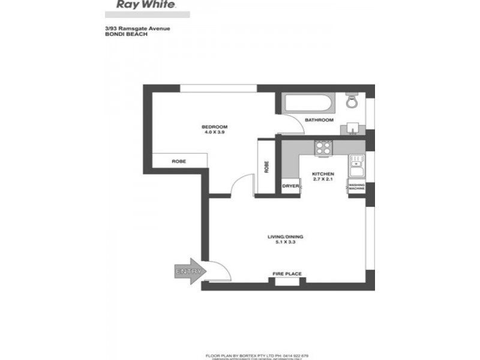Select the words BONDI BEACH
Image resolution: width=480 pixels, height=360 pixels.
point(117,34)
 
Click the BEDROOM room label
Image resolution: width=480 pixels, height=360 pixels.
point(214,127)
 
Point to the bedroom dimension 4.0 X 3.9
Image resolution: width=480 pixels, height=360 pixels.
point(214,133)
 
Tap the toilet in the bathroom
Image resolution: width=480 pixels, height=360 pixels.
point(352,102)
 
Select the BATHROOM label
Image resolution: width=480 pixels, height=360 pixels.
point(319,120)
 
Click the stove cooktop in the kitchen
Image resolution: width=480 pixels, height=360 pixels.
point(324,148)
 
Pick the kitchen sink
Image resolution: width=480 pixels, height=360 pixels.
point(356,163)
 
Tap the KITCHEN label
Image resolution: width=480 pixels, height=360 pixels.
point(322,174)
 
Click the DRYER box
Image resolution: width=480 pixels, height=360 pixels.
point(290,187)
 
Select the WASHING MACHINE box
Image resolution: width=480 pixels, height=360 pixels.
point(357,187)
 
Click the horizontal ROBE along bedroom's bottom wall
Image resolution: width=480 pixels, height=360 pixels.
point(179,161)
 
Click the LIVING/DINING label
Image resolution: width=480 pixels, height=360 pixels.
point(286,236)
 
